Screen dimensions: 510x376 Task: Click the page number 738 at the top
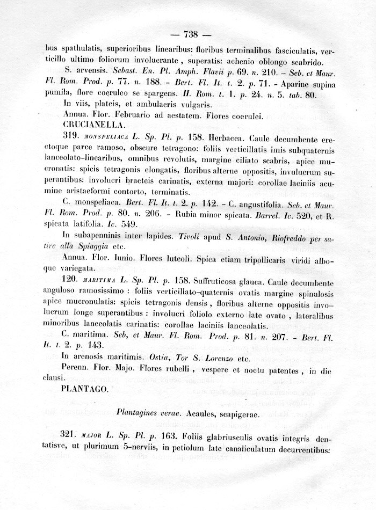tap(191, 35)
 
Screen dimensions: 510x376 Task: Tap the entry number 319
tap(72, 136)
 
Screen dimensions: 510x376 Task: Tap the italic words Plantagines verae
tap(143, 414)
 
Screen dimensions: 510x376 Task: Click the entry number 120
tap(72, 281)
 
